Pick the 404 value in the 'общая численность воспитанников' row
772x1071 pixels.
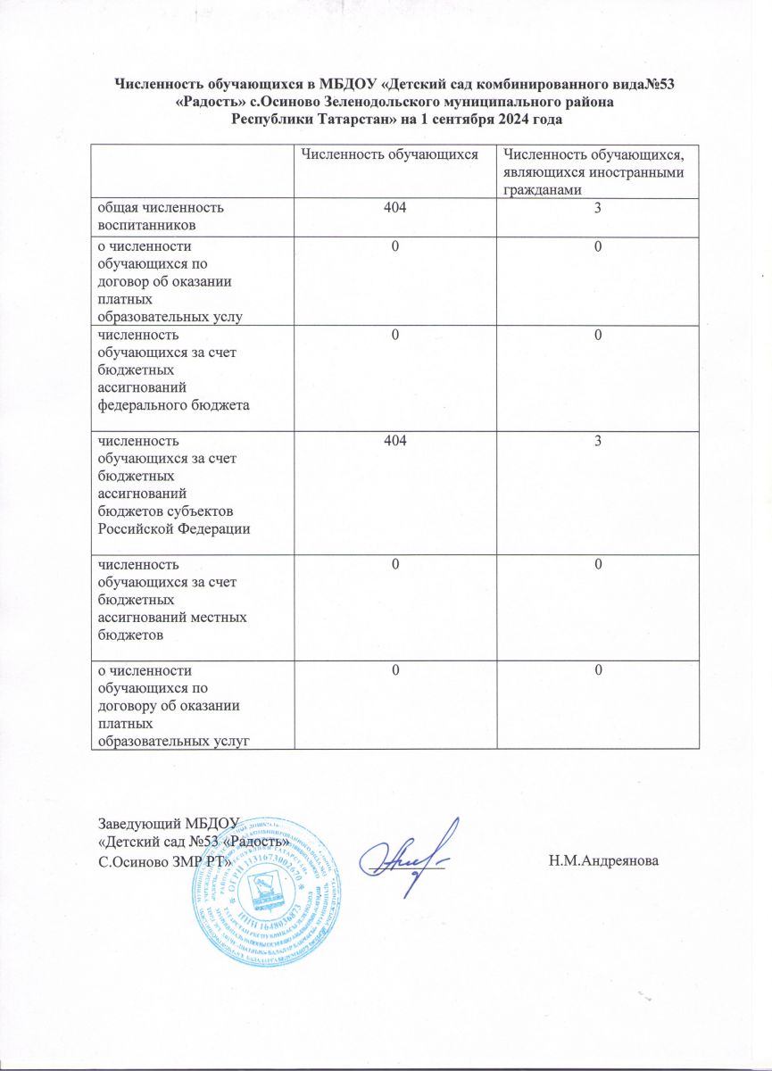(x=394, y=207)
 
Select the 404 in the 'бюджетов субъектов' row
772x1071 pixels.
(x=394, y=440)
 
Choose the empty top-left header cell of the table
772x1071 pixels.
(x=191, y=173)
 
